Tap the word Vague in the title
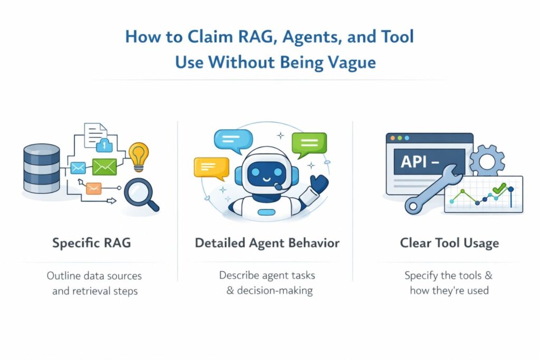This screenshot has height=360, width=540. click(x=350, y=62)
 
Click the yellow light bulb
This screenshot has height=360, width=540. click(x=139, y=156)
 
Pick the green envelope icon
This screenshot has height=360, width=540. click(x=104, y=167)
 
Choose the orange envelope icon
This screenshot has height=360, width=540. click(x=93, y=188)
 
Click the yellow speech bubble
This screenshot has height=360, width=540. click(x=210, y=167)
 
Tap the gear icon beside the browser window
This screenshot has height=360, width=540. click(x=486, y=160)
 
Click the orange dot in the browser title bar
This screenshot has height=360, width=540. click(x=399, y=138)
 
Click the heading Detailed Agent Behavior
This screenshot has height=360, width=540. click(x=267, y=244)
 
